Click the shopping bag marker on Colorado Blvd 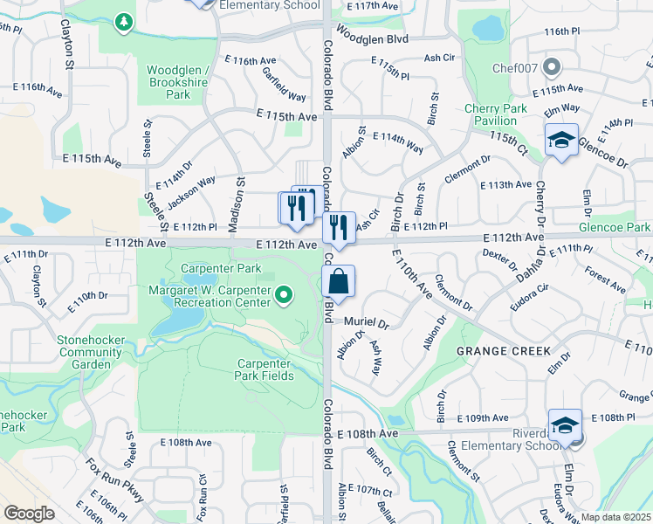point(339,282)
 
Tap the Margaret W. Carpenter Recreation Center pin point(283,296)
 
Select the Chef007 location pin point(551,67)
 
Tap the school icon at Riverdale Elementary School point(565,424)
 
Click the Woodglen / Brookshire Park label point(179,82)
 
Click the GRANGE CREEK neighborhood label point(504,351)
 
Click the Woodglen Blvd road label point(372,39)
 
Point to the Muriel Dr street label point(365,322)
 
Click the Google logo point(29,513)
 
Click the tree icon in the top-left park point(125,20)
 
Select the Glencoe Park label point(615,227)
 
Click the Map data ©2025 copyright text point(616,517)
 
